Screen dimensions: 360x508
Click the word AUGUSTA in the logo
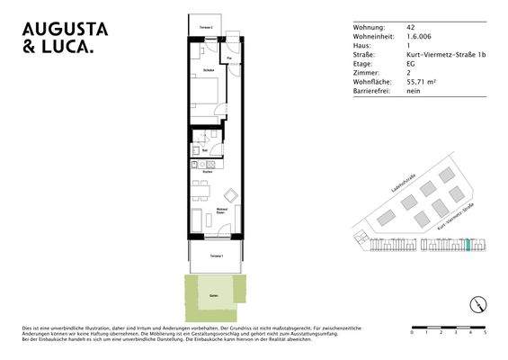[x=66, y=28]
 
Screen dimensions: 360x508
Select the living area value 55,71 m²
[x=421, y=82]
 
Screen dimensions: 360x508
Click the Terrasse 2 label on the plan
[x=206, y=29]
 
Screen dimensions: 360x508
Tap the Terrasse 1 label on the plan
[x=216, y=256]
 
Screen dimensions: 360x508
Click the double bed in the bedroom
[x=206, y=90]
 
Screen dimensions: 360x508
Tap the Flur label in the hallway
[x=229, y=59]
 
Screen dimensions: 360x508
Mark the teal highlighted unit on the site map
[x=468, y=246]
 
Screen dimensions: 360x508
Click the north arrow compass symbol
[x=477, y=304]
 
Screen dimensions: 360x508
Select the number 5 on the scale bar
[x=485, y=332]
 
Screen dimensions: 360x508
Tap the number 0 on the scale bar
[x=412, y=332]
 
